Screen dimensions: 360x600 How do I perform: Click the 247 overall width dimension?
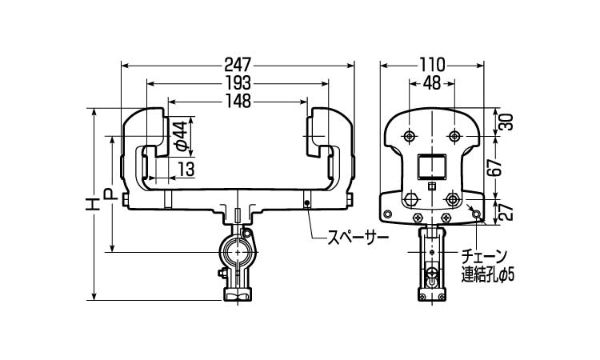[238, 63]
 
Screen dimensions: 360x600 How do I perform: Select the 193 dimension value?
[238, 82]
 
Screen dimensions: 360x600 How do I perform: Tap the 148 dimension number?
[238, 101]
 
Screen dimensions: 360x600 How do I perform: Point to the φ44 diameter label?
[182, 135]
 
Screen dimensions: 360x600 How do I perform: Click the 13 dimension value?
[186, 169]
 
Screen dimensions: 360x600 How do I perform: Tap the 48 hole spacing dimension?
[431, 82]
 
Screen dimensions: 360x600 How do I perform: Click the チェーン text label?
[484, 257]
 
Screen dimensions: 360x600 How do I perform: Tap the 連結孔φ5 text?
[487, 275]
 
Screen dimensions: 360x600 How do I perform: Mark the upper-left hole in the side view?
[409, 134]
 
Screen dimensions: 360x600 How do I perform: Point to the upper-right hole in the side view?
[454, 134]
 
